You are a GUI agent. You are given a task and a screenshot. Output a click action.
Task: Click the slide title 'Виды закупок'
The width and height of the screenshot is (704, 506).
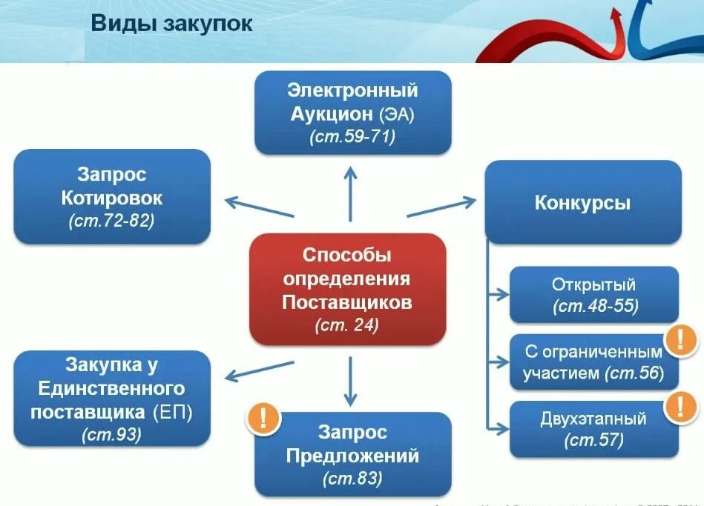(171, 23)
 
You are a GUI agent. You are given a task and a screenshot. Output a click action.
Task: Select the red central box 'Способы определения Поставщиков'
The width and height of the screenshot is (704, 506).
(347, 289)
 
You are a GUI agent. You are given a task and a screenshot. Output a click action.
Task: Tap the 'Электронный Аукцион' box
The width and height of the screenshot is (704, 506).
(352, 113)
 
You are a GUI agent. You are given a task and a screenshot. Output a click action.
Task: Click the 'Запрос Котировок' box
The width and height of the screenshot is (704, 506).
(111, 197)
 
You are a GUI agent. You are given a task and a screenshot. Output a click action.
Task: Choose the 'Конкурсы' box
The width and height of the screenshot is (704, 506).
(582, 202)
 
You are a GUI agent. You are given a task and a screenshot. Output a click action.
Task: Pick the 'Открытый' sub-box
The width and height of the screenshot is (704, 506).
(593, 295)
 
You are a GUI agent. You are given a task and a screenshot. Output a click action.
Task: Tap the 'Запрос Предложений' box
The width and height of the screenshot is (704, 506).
(352, 453)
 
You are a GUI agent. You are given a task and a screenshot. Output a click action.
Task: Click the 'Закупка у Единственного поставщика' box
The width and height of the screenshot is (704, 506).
(111, 399)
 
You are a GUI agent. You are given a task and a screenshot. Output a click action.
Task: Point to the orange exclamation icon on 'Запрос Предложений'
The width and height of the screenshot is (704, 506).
(264, 419)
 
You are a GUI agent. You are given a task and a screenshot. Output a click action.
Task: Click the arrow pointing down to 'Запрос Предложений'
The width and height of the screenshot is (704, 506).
(350, 379)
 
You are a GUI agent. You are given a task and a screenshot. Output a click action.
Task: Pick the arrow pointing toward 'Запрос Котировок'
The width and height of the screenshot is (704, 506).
(259, 207)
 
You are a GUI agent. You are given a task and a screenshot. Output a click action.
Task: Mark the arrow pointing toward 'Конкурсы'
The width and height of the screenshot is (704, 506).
(441, 207)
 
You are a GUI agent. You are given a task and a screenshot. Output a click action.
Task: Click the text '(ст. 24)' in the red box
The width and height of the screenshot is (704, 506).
(346, 324)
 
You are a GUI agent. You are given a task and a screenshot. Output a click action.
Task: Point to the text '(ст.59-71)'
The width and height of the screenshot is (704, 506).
(352, 136)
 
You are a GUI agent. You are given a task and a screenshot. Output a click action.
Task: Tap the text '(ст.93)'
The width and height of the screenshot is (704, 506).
(111, 434)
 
